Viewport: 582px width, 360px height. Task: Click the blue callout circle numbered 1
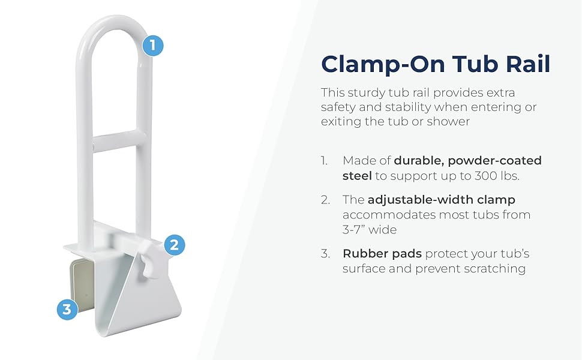152,45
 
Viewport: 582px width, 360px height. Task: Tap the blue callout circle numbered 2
174,245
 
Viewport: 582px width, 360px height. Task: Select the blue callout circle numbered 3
67,309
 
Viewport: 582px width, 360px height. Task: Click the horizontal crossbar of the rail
119,140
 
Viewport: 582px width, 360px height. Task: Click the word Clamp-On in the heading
383,64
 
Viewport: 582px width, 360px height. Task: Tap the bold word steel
357,176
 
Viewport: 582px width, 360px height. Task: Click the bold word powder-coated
495,161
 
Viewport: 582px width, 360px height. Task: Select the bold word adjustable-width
421,200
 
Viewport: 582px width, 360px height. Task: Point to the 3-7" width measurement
357,229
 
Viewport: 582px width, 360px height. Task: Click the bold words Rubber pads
382,254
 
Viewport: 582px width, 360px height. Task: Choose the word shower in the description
448,121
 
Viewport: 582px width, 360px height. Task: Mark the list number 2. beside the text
326,200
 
